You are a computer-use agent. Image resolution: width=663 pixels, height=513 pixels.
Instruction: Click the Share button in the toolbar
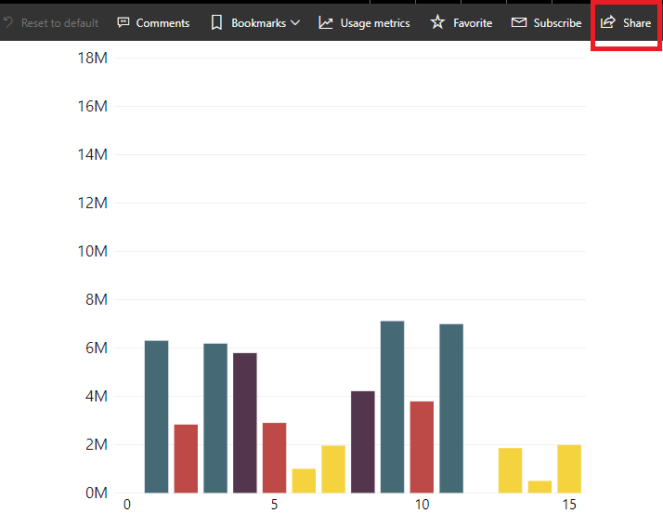(626, 23)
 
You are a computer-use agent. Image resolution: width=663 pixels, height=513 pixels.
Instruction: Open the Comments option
(153, 23)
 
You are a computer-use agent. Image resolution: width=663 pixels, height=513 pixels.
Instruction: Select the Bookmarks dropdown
(255, 23)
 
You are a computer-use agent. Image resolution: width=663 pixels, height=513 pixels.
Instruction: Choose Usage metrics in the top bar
(364, 23)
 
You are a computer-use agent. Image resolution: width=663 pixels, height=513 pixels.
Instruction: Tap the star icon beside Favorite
(437, 22)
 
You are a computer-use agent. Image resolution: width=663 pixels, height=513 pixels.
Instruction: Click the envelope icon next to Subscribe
(519, 22)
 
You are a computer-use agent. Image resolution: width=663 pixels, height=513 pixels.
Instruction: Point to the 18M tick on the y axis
(92, 58)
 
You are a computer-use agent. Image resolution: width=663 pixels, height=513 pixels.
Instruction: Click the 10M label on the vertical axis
(92, 251)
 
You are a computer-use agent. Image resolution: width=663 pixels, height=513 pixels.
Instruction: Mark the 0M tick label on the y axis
(96, 493)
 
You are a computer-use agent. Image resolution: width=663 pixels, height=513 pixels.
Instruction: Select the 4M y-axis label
(96, 396)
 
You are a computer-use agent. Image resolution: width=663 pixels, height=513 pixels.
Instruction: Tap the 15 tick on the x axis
(570, 505)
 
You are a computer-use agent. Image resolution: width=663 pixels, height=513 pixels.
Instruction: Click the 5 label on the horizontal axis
(274, 505)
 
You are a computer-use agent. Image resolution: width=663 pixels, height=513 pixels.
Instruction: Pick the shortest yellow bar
(539, 487)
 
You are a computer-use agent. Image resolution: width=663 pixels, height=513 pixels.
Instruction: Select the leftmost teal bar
(156, 416)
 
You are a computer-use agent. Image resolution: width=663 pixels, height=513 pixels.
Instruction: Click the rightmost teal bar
(451, 408)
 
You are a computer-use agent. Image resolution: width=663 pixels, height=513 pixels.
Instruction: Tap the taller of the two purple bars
(244, 423)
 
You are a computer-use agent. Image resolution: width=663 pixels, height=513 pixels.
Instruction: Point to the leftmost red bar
(186, 458)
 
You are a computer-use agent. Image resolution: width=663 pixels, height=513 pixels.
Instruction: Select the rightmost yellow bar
(569, 468)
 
